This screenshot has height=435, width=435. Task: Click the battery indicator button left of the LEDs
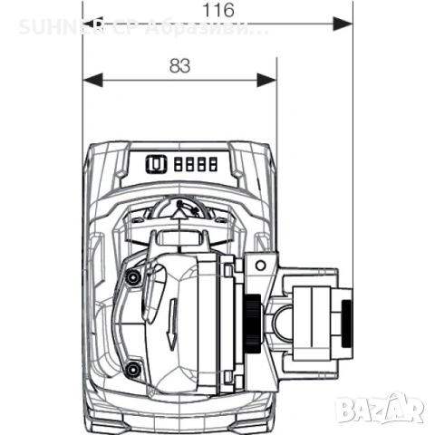154,165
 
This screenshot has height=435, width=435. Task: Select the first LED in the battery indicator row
177,165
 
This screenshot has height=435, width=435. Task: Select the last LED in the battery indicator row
212,165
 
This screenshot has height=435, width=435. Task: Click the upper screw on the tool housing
133,275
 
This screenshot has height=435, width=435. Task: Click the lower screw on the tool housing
133,369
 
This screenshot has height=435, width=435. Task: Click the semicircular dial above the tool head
181,210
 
